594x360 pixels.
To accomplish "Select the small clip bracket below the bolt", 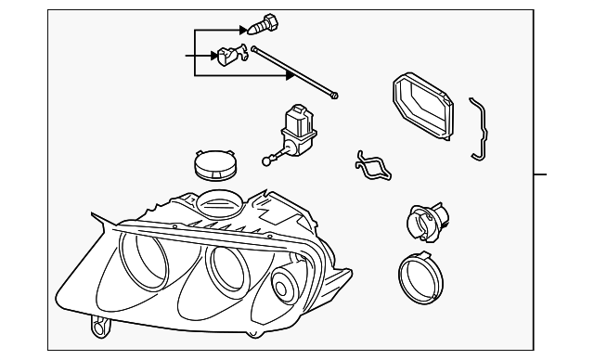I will pos(228,58).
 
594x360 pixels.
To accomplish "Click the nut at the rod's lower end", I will pos(336,94).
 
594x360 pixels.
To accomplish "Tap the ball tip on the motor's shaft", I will pos(269,161).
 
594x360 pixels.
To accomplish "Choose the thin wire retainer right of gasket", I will pos(478,127).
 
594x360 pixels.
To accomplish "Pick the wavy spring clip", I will pos(371,165).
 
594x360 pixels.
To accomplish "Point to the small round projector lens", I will pos(283,289).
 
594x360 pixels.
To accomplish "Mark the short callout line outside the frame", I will pos(540,174).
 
